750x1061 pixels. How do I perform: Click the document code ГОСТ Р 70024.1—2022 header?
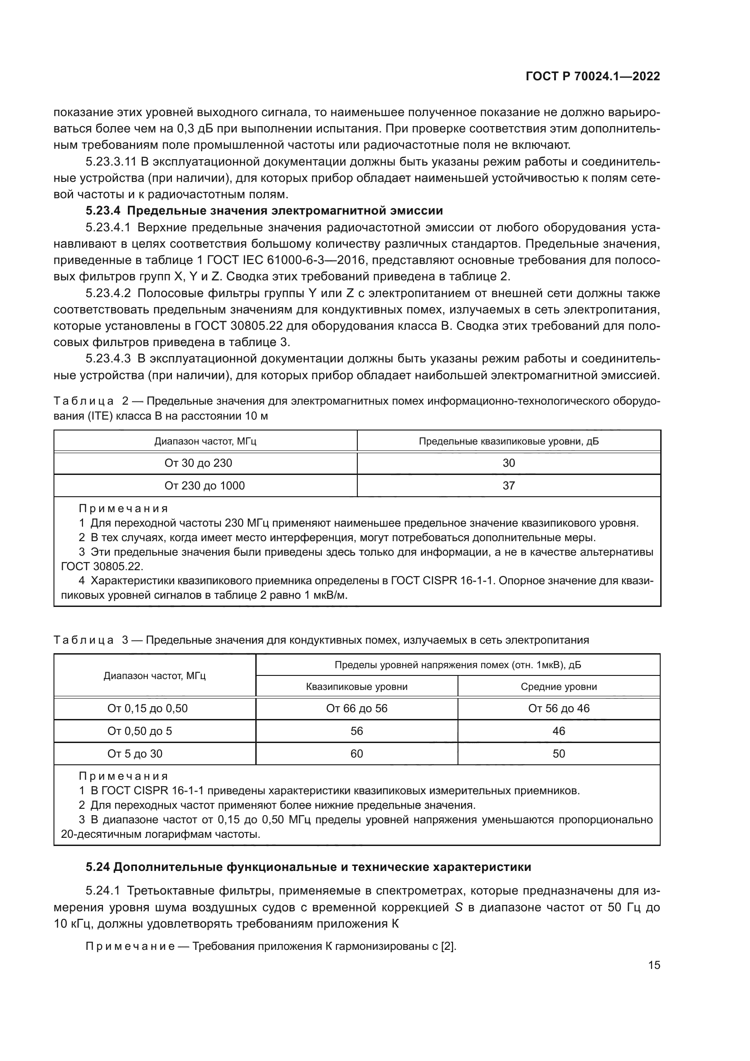[593, 76]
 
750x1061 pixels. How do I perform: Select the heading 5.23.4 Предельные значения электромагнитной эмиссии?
[264, 211]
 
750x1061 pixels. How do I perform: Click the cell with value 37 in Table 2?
[508, 486]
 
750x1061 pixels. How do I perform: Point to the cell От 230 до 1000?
[205, 486]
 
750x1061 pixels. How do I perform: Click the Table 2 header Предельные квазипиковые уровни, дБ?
[508, 441]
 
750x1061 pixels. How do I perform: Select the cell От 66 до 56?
[356, 709]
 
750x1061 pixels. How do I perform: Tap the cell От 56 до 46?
[559, 709]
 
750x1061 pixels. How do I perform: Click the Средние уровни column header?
[559, 687]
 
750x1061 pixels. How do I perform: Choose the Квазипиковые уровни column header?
[356, 687]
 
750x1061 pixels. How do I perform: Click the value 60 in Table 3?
[356, 754]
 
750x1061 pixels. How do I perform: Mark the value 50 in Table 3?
[559, 754]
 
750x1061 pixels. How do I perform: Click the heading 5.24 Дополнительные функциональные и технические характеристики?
[308, 867]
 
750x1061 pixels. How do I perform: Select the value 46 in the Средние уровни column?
[559, 731]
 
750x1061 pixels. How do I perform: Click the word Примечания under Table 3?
[123, 776]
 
